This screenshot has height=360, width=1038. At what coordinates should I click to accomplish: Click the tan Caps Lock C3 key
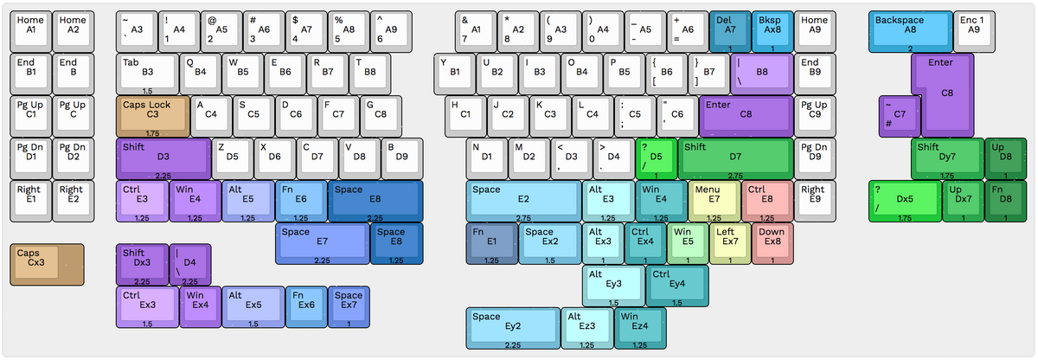pos(152,115)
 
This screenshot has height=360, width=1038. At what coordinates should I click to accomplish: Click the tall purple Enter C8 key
pos(947,93)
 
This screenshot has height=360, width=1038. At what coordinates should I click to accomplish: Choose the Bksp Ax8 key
pos(772,32)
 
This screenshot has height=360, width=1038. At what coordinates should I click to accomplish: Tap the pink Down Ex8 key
pos(772,241)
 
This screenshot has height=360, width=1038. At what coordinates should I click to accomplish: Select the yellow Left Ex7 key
pos(729,241)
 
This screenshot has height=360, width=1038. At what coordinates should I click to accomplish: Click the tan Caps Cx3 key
pos(47,263)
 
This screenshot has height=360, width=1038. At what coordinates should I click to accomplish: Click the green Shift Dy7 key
pos(947,157)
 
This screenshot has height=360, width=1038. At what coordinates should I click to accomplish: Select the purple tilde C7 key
pos(900,115)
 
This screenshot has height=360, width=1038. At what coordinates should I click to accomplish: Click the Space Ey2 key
pos(512,326)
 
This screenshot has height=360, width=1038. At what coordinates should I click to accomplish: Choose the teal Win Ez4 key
pos(639,326)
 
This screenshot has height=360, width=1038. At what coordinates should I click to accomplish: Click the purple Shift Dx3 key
pos(141,263)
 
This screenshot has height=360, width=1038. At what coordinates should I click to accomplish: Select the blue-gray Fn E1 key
pos(491,241)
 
